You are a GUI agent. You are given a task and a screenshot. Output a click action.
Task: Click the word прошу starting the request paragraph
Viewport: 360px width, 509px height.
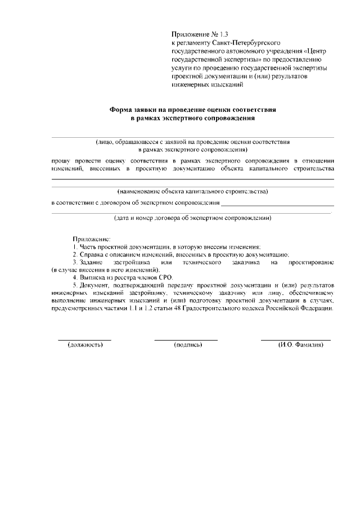(x=61, y=160)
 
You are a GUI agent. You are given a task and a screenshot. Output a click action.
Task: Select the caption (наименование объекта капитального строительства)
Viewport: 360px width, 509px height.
(x=192, y=191)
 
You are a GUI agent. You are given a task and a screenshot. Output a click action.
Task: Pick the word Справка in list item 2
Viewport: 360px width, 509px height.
(x=91, y=255)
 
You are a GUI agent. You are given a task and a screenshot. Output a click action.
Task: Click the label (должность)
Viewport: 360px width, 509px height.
(x=85, y=345)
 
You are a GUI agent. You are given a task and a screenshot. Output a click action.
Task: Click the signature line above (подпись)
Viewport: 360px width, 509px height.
(x=186, y=340)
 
